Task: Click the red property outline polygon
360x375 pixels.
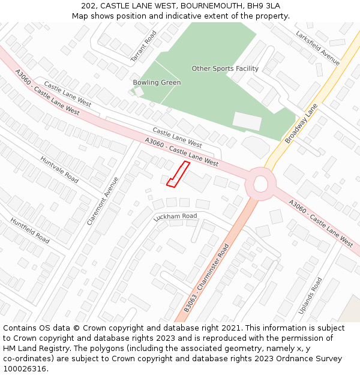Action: pos(178,173)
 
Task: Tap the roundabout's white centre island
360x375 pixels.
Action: pos(261,184)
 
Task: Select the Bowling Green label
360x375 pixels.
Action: pos(157,82)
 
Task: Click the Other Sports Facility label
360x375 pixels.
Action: pos(225,68)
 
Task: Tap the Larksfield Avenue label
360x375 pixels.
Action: pos(317,48)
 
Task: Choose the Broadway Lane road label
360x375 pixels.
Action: pos(301,123)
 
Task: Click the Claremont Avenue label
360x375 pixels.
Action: pos(103,200)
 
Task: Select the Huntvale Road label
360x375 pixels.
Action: pos(59,170)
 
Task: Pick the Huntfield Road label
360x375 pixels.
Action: pos(30,230)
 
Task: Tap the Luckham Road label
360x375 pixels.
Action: pos(175,217)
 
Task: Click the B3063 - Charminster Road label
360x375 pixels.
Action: pos(207,277)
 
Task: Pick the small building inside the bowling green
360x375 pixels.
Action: pos(139,92)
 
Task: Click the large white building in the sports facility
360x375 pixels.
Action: pos(247,121)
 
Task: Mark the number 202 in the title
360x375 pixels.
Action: pos(89,5)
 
